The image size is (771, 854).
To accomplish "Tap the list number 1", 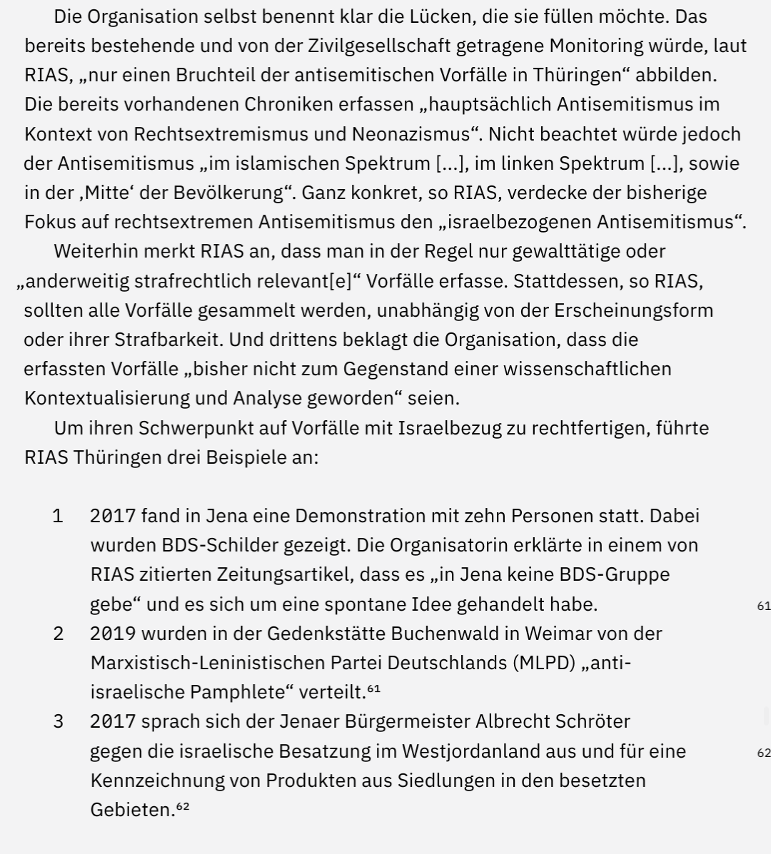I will click(x=58, y=516).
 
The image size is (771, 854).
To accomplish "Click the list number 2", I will click(x=58, y=634).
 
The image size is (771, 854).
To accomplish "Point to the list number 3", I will click(x=58, y=721).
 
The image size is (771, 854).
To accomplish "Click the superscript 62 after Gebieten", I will click(x=183, y=806).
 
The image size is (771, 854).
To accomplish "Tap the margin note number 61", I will click(x=763, y=606).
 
